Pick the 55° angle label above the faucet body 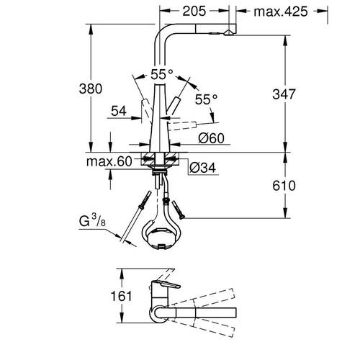(162, 73)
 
